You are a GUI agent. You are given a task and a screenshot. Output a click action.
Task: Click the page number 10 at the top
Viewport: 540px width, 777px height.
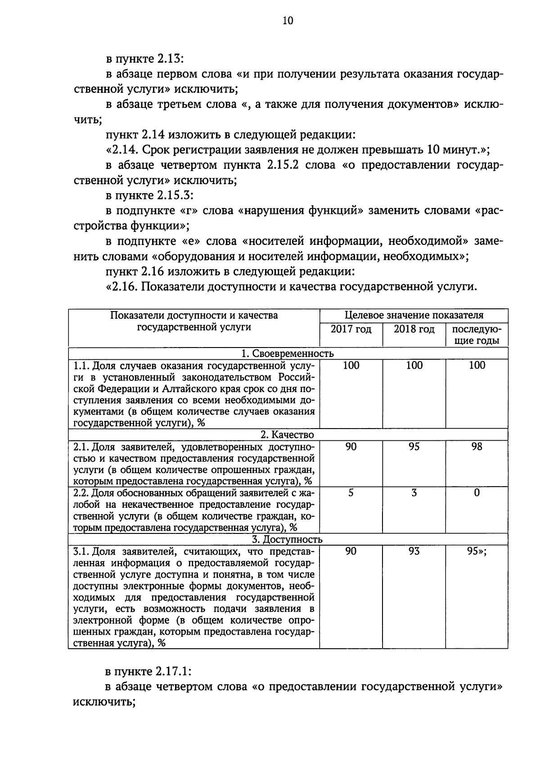(x=288, y=21)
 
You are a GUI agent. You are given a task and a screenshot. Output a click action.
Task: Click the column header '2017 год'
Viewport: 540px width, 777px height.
(x=351, y=330)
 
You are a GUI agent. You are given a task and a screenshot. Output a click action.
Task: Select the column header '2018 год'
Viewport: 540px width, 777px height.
(x=414, y=330)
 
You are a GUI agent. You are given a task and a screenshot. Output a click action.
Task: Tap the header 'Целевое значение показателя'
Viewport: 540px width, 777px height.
(x=414, y=315)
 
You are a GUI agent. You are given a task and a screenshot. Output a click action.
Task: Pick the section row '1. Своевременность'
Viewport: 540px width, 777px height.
(x=288, y=354)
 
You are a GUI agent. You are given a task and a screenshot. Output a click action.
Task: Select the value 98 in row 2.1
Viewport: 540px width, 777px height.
(x=477, y=446)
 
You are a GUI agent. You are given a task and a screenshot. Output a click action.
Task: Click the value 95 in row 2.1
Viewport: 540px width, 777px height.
(x=414, y=446)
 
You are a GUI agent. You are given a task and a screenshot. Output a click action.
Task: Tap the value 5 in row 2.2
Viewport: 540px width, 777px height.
(x=351, y=493)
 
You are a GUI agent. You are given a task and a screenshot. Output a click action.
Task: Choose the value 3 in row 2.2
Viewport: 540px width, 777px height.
(x=414, y=493)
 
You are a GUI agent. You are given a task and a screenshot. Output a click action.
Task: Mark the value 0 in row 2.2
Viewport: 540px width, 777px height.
(x=477, y=493)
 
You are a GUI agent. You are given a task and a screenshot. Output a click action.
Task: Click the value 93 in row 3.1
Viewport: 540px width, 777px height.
(x=414, y=551)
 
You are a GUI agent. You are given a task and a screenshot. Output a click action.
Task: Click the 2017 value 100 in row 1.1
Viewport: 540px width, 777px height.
(x=351, y=365)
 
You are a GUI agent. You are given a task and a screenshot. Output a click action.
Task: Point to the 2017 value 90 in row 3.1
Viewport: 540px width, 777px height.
(x=351, y=551)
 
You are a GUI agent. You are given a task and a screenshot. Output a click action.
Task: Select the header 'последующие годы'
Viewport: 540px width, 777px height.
(x=477, y=335)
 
